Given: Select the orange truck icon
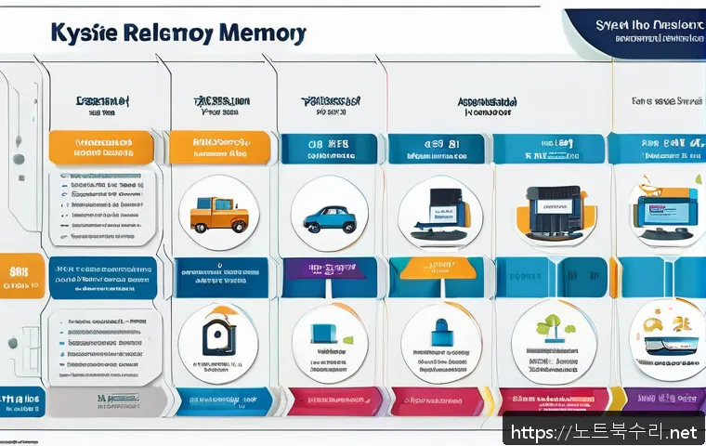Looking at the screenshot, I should pyautogui.click(x=218, y=215).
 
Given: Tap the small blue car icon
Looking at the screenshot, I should pyautogui.click(x=329, y=218).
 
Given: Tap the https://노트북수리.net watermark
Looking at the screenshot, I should pyautogui.click(x=604, y=431).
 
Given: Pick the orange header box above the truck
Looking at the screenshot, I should pyautogui.click(x=219, y=148).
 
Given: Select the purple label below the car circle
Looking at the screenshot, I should pyautogui.click(x=330, y=271).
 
